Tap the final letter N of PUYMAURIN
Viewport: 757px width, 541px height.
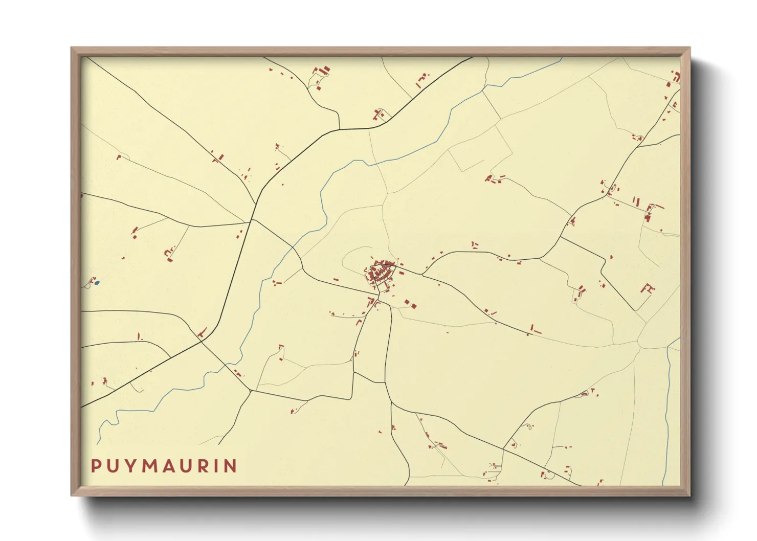pos(231,466)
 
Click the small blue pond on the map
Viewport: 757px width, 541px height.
pos(97,282)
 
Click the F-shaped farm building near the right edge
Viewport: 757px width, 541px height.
pos(648,289)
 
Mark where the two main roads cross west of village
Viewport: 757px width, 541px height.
pos(251,221)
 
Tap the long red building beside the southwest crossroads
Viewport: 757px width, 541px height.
pos(202,333)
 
